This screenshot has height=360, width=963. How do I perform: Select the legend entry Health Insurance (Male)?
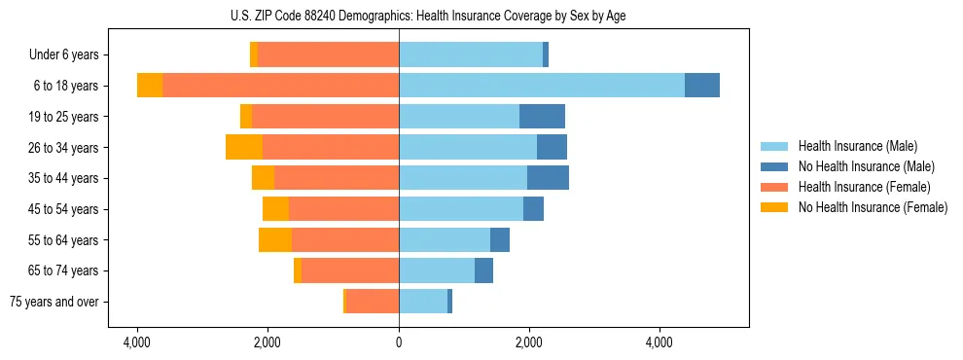[857, 146]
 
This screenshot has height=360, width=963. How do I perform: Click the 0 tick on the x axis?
[399, 342]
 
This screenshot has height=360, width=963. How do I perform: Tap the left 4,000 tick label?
[137, 342]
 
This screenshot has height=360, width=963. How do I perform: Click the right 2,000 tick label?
[529, 342]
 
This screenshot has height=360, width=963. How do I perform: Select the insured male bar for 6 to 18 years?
[541, 86]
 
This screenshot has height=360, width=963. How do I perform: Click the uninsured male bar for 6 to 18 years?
[702, 86]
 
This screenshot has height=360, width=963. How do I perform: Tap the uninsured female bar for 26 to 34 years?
[244, 147]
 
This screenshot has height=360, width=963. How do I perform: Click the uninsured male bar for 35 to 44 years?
[548, 178]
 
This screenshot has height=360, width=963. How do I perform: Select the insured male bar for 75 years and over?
[423, 302]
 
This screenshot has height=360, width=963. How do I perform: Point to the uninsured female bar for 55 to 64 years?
[275, 239]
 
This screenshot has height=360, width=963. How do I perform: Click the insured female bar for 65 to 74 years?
[350, 270]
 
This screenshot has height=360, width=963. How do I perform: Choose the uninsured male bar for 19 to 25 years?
[542, 117]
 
